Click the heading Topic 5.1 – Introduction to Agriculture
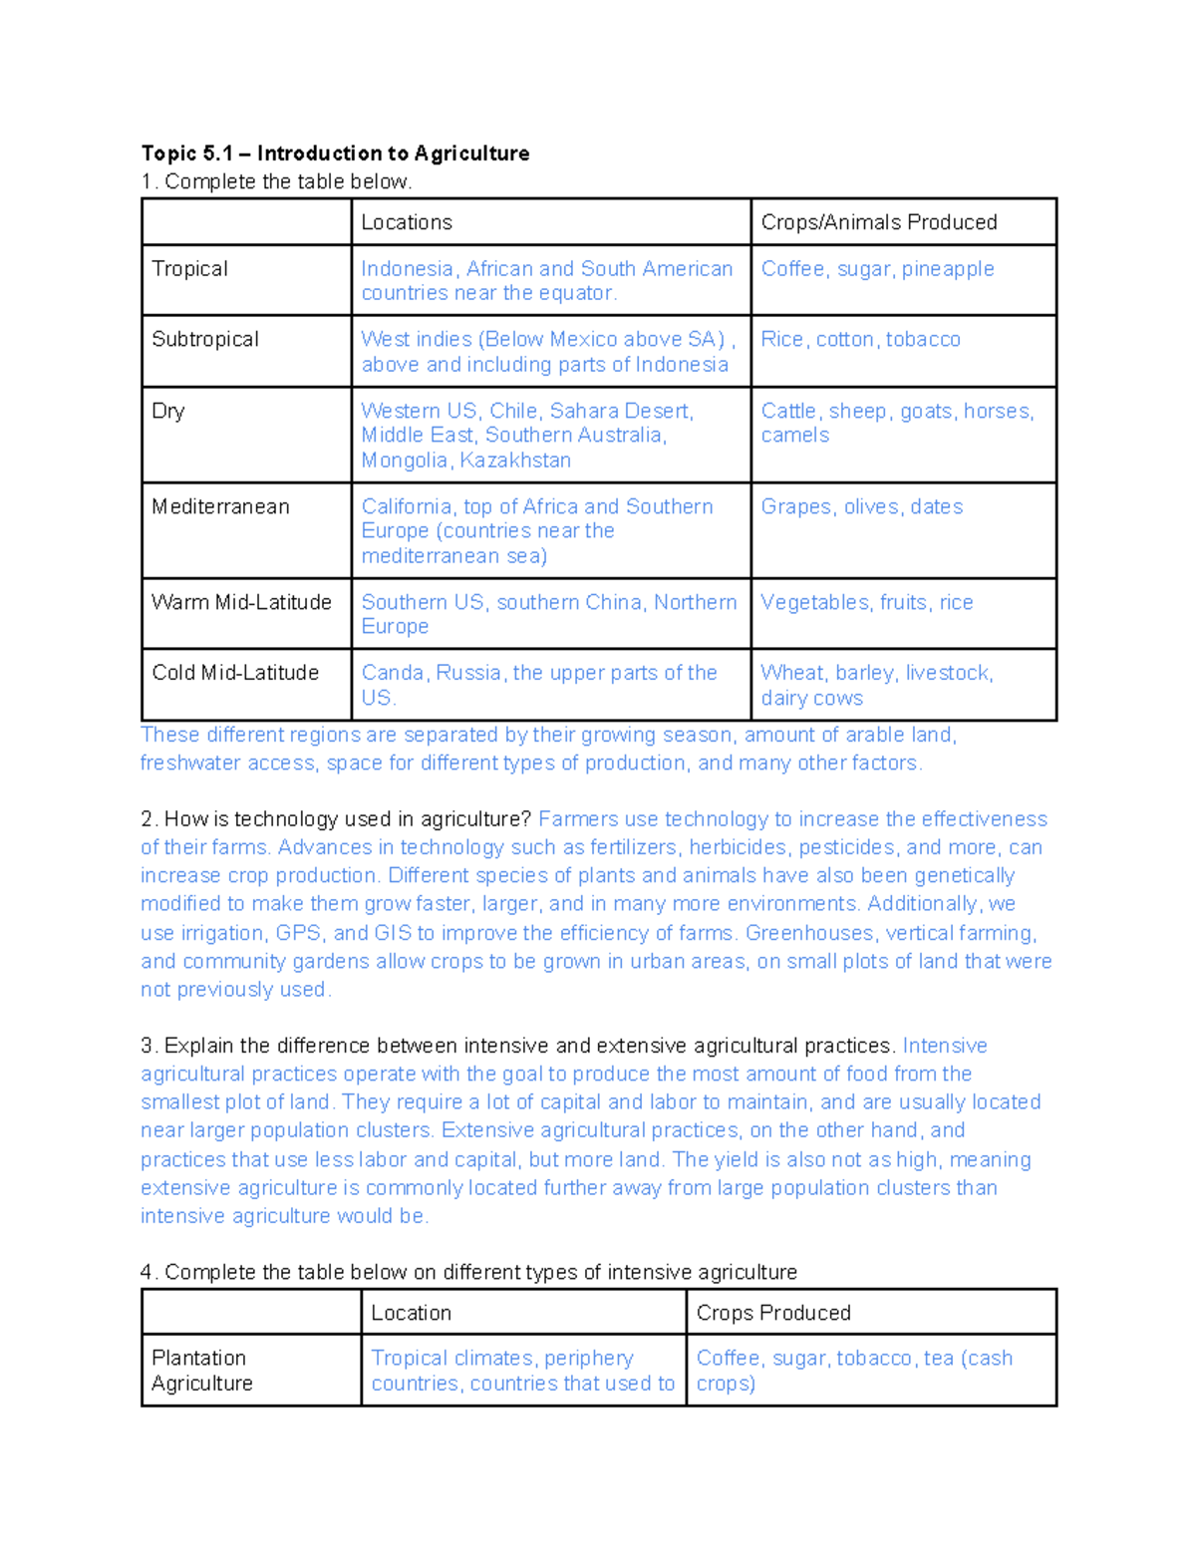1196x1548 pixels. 335,154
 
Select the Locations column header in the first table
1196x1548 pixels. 407,222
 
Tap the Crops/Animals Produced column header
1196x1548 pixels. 878,222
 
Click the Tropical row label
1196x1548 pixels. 189,269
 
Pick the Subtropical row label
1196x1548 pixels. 205,340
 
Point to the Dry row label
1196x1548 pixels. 168,411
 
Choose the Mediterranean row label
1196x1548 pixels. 220,506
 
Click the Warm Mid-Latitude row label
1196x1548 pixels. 241,602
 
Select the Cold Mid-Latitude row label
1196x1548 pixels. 235,673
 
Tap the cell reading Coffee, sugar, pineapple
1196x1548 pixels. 877,269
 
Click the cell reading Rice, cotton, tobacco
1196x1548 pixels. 860,340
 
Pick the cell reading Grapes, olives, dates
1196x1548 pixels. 861,506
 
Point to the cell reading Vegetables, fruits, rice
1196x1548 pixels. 866,602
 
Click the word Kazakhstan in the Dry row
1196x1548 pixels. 517,461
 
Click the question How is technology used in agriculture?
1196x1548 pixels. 347,819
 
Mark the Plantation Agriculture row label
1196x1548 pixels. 202,1371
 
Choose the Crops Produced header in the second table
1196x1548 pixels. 773,1313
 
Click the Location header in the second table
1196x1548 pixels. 411,1313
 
